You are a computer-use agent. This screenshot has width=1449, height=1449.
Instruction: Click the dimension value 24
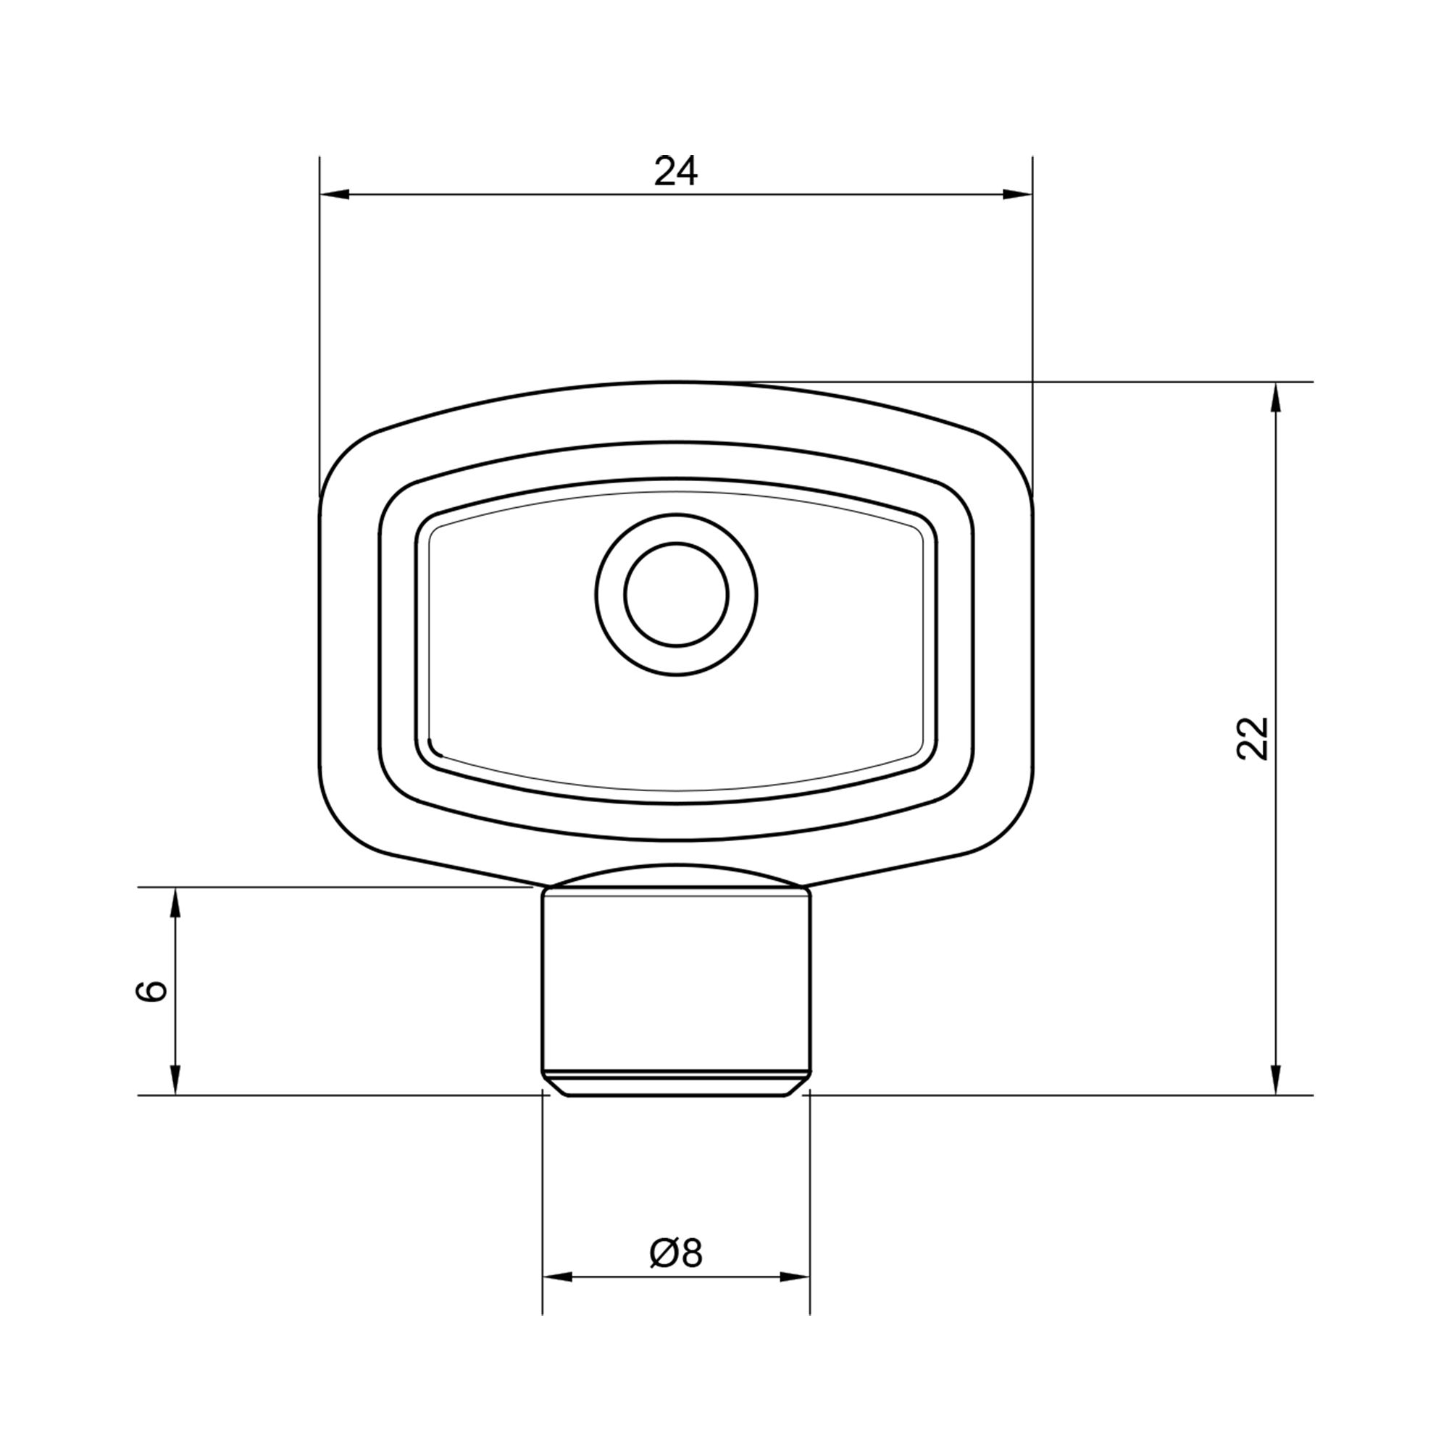click(x=676, y=171)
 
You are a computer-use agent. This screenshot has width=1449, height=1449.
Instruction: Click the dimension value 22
click(x=1252, y=739)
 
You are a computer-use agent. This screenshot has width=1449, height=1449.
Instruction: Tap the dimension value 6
click(x=151, y=990)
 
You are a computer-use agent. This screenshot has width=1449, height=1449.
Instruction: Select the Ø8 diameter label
click(x=676, y=1253)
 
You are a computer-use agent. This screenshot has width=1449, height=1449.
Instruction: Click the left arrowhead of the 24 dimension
click(x=335, y=195)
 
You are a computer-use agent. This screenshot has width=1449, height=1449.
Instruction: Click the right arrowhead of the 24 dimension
click(x=1018, y=195)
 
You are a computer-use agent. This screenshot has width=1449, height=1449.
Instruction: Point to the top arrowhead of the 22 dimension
click(x=1276, y=398)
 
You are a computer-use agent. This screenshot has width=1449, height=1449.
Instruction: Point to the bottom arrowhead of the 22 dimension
click(x=1276, y=1080)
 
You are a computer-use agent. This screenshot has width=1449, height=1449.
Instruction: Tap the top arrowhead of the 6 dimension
click(x=175, y=902)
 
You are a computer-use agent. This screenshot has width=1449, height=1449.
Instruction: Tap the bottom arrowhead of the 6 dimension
click(x=175, y=1080)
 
